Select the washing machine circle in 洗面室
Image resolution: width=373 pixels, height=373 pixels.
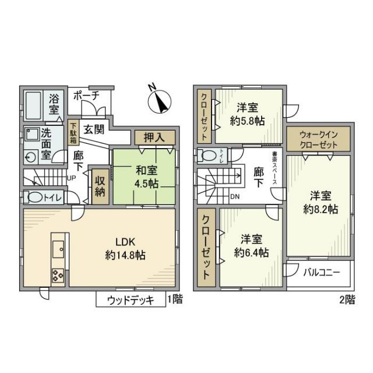click(x=30, y=156)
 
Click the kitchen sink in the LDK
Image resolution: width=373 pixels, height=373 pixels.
click(x=59, y=249)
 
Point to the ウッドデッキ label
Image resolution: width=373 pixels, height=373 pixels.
click(x=131, y=300)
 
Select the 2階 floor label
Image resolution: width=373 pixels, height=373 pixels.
click(x=348, y=300)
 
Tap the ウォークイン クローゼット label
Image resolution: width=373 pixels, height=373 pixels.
click(x=318, y=139)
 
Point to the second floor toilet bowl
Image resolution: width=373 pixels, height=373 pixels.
click(x=207, y=155)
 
